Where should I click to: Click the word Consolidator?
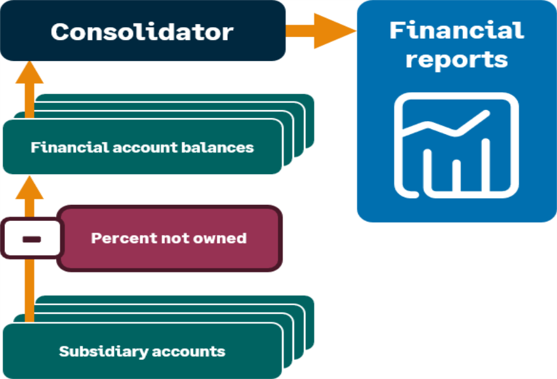[x=142, y=32]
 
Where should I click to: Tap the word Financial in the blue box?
[x=457, y=30]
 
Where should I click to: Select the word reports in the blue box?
[x=457, y=60]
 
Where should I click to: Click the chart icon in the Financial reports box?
[x=457, y=146]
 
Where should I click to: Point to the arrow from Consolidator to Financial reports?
[x=320, y=31]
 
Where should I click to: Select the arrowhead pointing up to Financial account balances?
[x=30, y=186]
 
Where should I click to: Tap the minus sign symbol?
[x=31, y=239]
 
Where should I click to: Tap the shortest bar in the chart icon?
[x=457, y=175]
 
